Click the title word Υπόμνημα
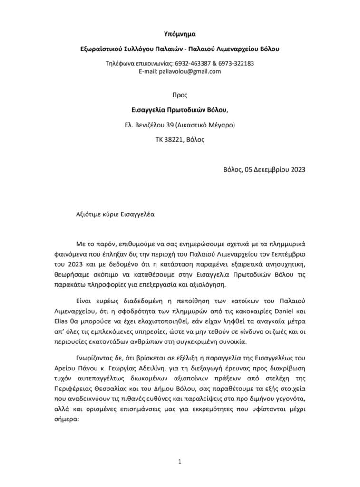(x=180, y=34)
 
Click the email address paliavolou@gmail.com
(x=192, y=71)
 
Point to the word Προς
(x=180, y=95)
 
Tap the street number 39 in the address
(x=169, y=125)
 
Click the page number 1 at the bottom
(x=180, y=461)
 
